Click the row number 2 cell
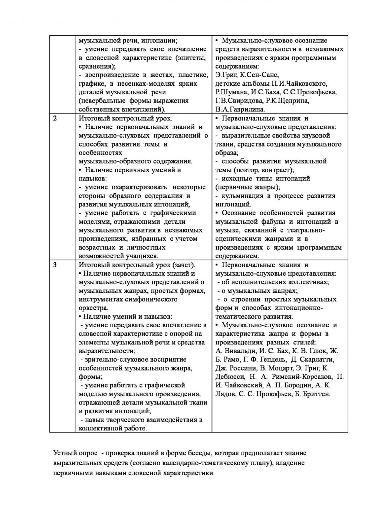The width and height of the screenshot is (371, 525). [x=55, y=119]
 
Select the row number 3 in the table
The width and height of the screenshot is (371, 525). [x=55, y=265]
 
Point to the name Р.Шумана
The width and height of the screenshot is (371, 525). [x=232, y=92]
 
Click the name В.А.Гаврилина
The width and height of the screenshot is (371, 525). [x=240, y=109]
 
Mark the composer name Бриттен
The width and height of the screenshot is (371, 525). [x=316, y=394]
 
